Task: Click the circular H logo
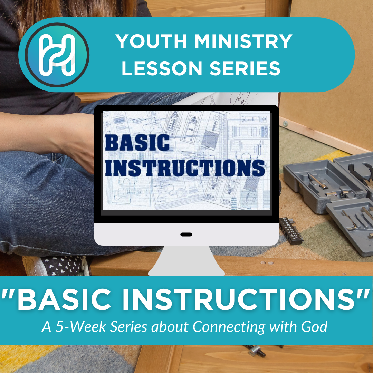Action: [57, 54]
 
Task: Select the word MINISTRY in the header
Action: [243, 41]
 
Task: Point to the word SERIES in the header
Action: [246, 68]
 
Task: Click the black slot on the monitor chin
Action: [186, 235]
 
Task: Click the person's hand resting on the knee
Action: [78, 145]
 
